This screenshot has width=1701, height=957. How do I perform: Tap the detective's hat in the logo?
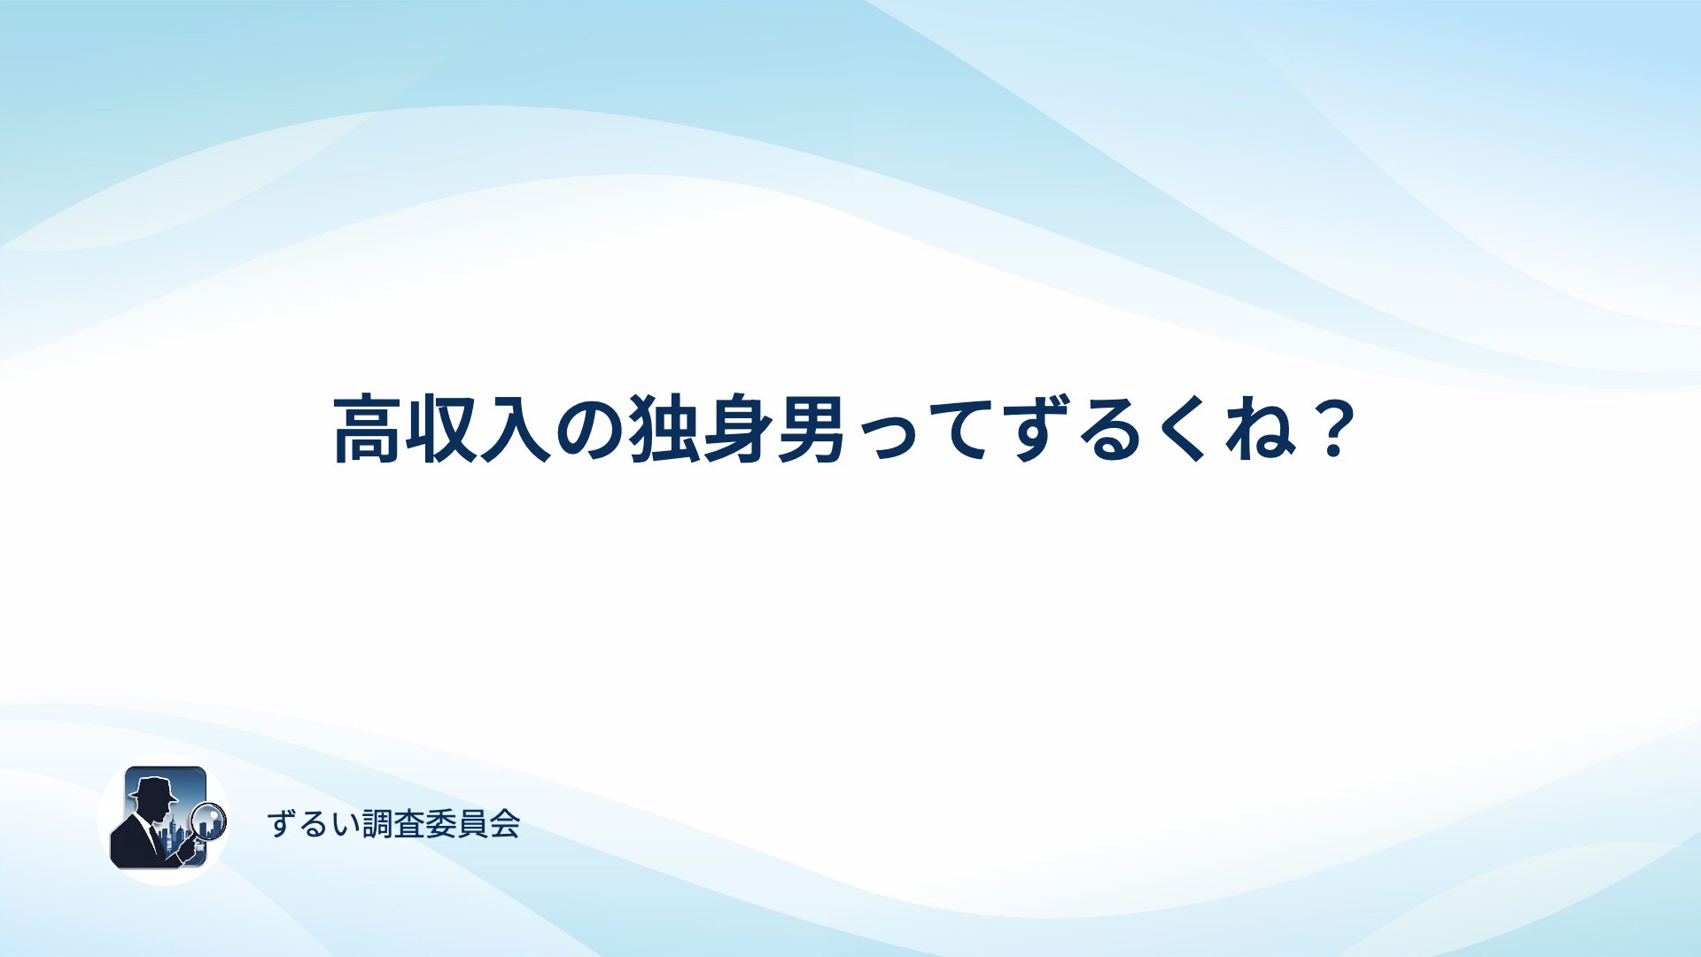click(x=153, y=789)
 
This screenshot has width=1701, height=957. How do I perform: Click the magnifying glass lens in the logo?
click(x=210, y=820)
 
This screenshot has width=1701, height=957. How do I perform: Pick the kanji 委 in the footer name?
click(x=440, y=824)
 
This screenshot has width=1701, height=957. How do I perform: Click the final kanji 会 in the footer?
click(x=504, y=824)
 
